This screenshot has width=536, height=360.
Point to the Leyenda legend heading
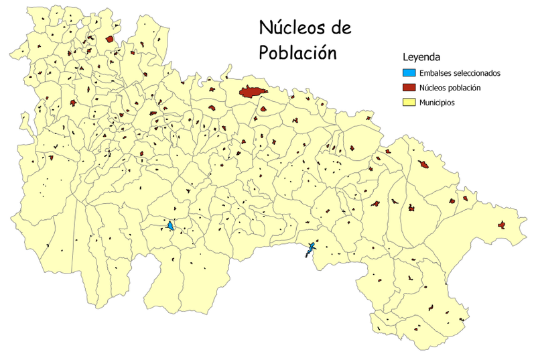(421, 58)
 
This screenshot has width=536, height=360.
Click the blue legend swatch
(409, 73)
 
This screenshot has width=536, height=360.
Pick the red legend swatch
(409, 88)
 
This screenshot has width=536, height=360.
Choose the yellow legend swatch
(409, 103)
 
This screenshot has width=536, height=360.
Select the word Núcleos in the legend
(432, 88)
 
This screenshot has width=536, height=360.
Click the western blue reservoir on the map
(171, 226)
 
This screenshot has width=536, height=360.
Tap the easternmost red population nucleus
(500, 225)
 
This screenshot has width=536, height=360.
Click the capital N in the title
(266, 29)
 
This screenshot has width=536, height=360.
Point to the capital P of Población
(265, 52)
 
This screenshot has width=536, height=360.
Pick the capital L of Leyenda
(405, 58)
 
